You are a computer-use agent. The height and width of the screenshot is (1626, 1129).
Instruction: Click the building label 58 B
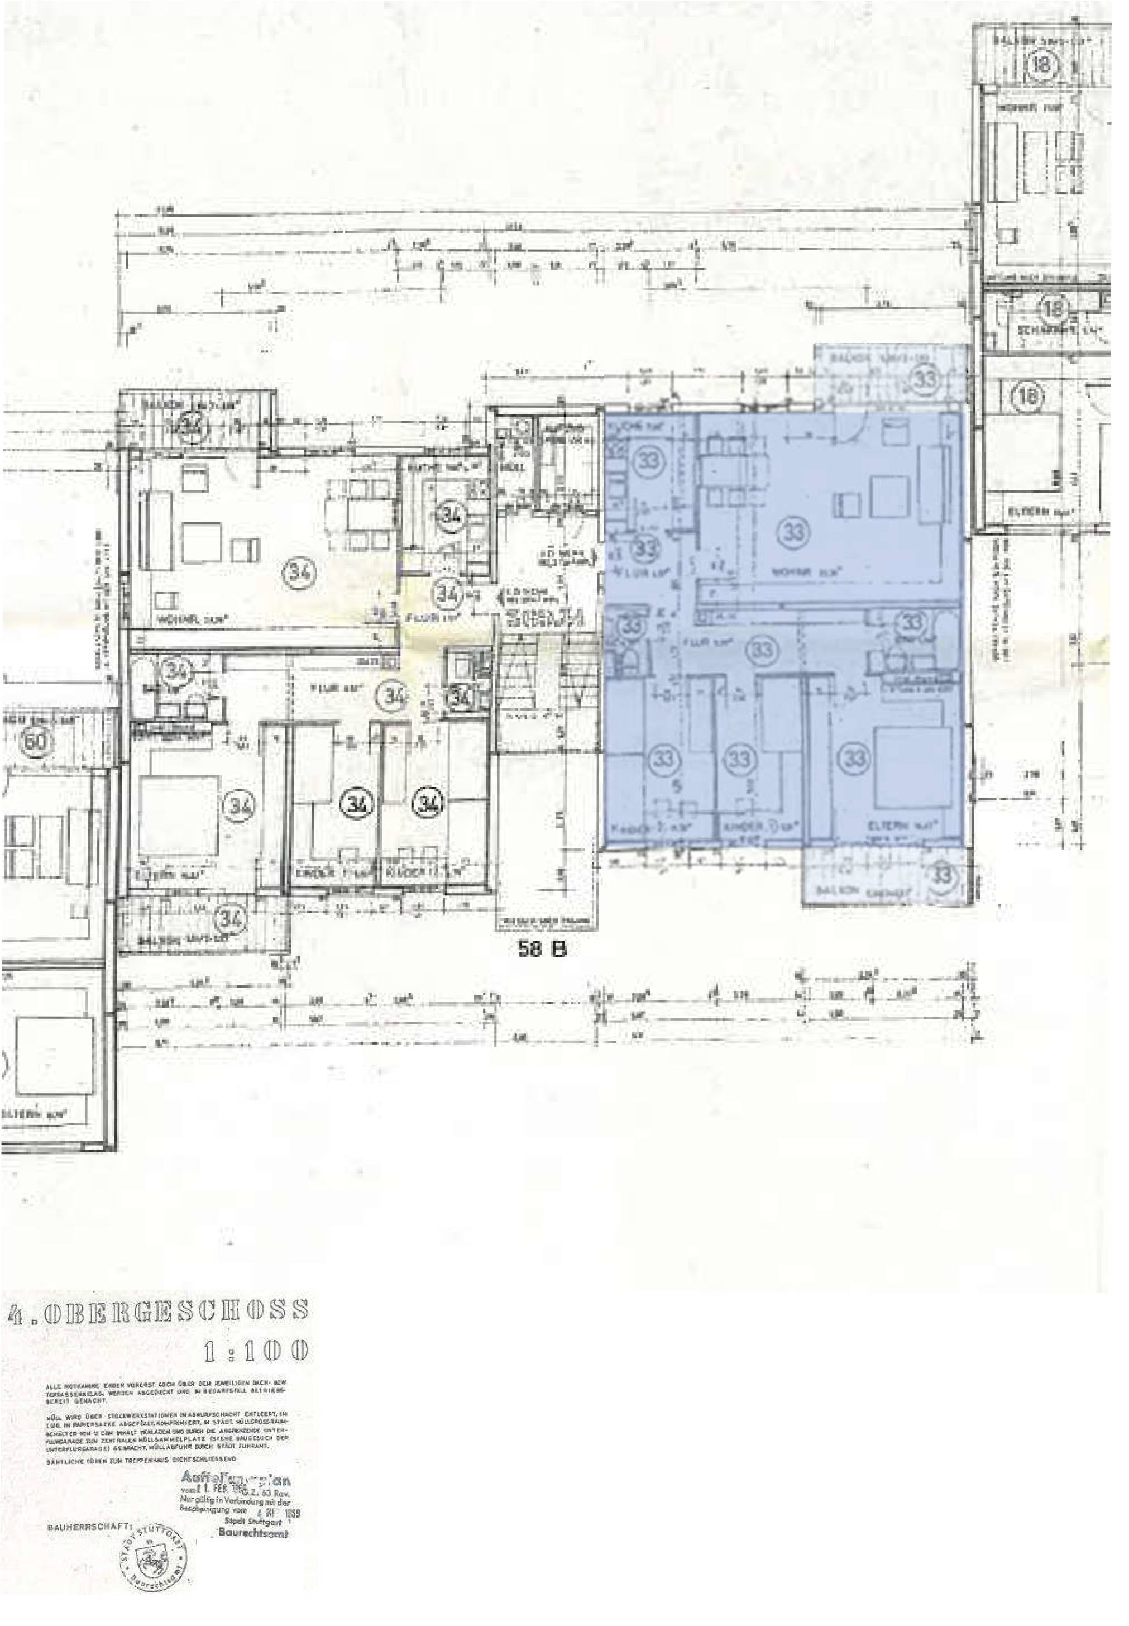[543, 950]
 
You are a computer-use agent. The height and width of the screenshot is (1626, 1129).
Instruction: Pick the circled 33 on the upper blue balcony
[925, 379]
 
